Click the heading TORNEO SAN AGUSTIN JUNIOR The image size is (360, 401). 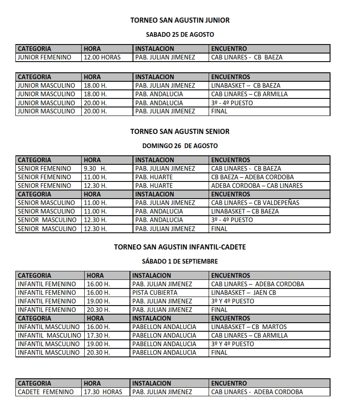(x=180, y=20)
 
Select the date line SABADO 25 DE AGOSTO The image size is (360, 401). (x=180, y=34)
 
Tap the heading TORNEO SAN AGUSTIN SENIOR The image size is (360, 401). (x=180, y=131)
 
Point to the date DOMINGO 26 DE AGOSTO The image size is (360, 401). (x=180, y=146)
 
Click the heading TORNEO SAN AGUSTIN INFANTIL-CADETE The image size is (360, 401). (x=180, y=247)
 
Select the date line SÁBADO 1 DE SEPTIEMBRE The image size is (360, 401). (x=180, y=261)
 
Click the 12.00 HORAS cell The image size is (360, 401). (x=102, y=57)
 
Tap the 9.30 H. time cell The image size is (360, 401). (x=95, y=169)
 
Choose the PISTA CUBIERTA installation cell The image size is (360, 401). (x=155, y=293)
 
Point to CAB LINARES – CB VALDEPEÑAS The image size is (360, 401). (x=255, y=203)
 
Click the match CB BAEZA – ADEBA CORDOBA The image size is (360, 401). (x=252, y=177)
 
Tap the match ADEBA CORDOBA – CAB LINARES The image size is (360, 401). (x=257, y=186)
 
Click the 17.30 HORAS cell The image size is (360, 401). (x=103, y=392)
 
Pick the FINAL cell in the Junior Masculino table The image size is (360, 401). (x=219, y=111)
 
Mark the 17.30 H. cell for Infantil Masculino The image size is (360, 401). (x=98, y=336)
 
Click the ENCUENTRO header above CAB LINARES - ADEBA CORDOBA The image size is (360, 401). (x=229, y=383)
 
